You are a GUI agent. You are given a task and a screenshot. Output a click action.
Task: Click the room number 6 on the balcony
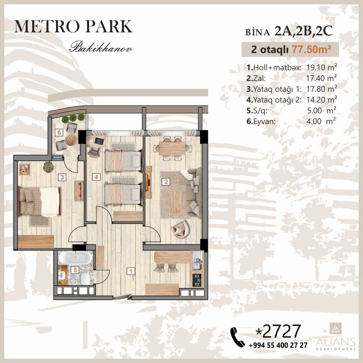[x=59, y=132]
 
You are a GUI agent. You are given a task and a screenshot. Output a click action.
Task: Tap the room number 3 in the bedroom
[x=62, y=177]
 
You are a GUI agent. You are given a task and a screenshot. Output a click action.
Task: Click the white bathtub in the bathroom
[x=74, y=258]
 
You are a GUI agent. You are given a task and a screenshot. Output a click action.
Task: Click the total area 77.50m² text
[x=308, y=49]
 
